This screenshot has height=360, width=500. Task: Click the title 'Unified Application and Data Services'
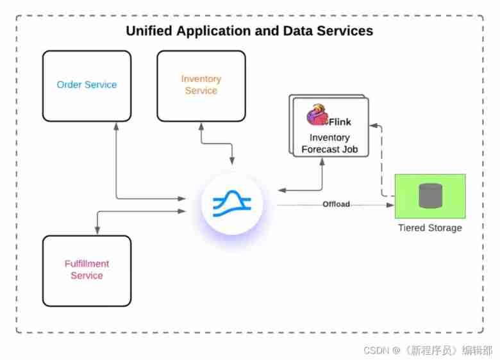click(249, 31)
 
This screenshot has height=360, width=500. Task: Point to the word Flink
click(340, 122)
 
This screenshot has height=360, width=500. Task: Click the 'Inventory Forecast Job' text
click(329, 143)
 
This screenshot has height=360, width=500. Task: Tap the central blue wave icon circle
click(231, 204)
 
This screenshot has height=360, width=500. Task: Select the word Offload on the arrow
click(336, 204)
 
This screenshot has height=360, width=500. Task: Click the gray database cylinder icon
click(431, 195)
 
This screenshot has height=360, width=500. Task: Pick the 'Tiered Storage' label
click(429, 228)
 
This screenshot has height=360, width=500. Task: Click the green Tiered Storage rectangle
click(449, 186)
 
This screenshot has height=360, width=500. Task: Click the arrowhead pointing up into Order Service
click(115, 127)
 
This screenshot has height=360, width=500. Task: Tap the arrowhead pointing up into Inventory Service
click(201, 127)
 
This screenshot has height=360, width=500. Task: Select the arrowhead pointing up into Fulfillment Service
click(97, 231)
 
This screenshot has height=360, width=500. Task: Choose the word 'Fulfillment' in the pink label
click(87, 263)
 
